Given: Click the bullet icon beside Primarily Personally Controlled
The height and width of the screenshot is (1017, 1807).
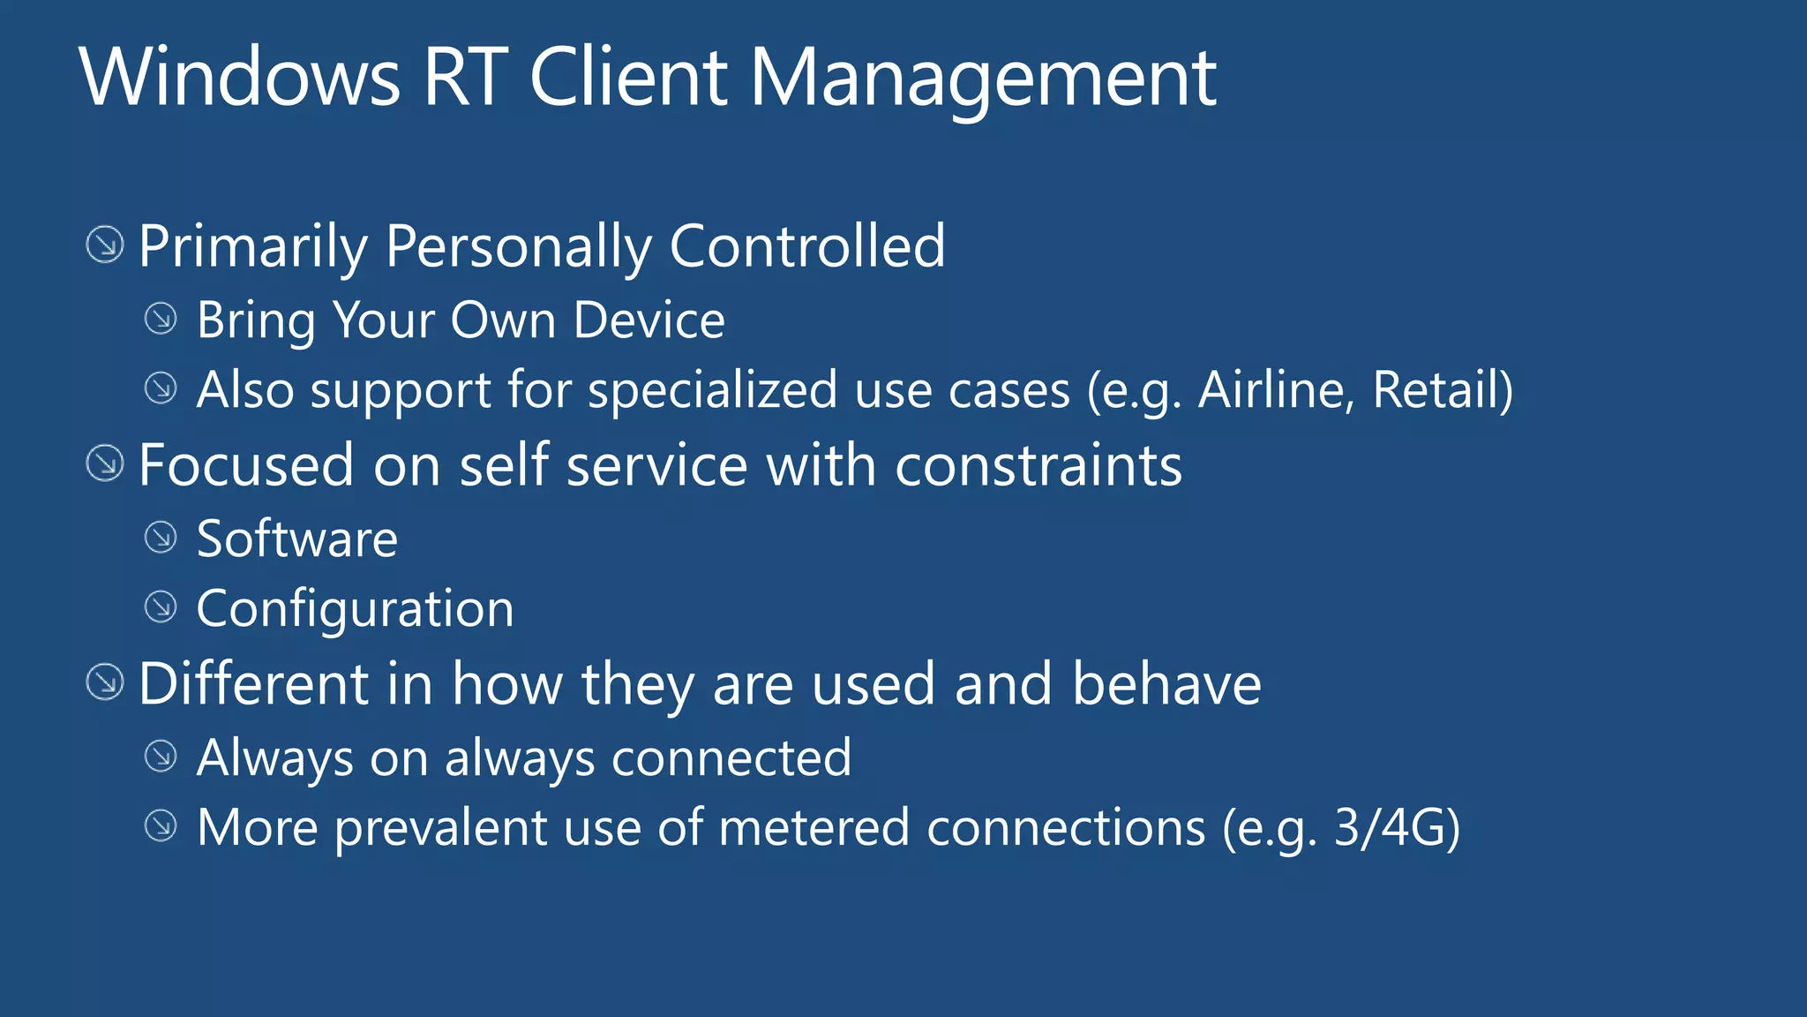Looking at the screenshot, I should [105, 245].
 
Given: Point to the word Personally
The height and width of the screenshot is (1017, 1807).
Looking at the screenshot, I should [518, 246].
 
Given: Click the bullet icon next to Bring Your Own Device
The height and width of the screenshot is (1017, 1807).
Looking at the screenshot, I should [161, 319].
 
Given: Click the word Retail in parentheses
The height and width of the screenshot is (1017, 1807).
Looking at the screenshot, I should [1436, 389].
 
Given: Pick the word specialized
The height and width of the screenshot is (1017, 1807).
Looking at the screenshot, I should [712, 390].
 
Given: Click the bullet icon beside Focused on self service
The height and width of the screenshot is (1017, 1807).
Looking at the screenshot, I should [105, 463].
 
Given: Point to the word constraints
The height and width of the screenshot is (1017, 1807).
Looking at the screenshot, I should [1038, 465].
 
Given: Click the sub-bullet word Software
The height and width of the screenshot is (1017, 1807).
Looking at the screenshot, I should [297, 539].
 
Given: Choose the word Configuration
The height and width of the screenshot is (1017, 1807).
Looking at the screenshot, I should [355, 608].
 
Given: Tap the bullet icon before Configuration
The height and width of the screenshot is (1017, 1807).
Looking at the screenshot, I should [161, 606].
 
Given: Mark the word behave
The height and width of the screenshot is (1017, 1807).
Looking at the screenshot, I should [1166, 683].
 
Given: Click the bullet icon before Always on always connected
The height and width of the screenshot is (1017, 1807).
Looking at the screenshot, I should [161, 756].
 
